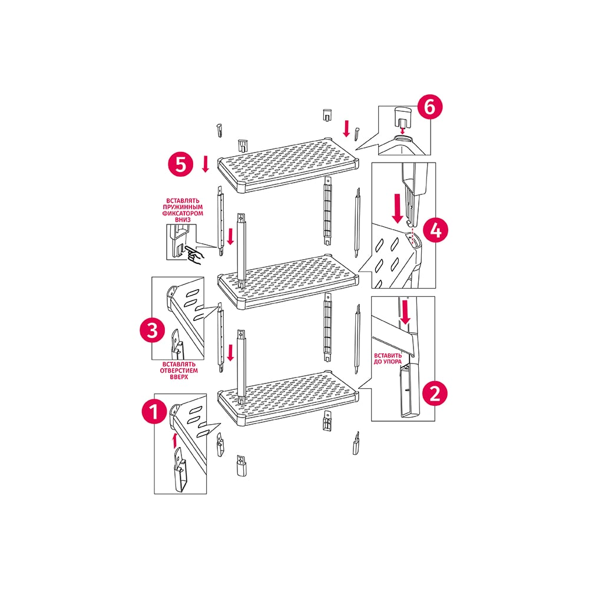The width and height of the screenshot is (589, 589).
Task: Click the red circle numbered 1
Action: pyautogui.click(x=154, y=411)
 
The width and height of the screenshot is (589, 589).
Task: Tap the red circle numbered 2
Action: pyautogui.click(x=435, y=393)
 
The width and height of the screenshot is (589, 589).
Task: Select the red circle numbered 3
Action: pyautogui.click(x=153, y=331)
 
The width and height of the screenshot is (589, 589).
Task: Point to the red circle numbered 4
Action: pyautogui.click(x=436, y=230)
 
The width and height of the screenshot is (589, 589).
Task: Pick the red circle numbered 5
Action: pyautogui.click(x=181, y=164)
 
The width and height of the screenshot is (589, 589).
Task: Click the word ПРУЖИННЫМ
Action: pyautogui.click(x=183, y=207)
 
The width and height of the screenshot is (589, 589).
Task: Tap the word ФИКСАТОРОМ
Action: pyautogui.click(x=183, y=213)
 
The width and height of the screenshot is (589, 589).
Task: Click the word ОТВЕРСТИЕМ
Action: pyautogui.click(x=179, y=370)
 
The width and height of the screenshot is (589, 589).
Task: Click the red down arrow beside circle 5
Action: pyautogui.click(x=206, y=164)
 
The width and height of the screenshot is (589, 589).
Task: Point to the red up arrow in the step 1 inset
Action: pyautogui.click(x=174, y=440)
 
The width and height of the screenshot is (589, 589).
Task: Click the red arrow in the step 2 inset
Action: pyautogui.click(x=405, y=312)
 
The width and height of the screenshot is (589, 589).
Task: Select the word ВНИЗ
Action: pyautogui.click(x=183, y=220)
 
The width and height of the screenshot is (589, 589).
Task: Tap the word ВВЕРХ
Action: pyautogui.click(x=179, y=377)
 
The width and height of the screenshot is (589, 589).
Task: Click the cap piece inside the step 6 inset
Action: pyautogui.click(x=402, y=117)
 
